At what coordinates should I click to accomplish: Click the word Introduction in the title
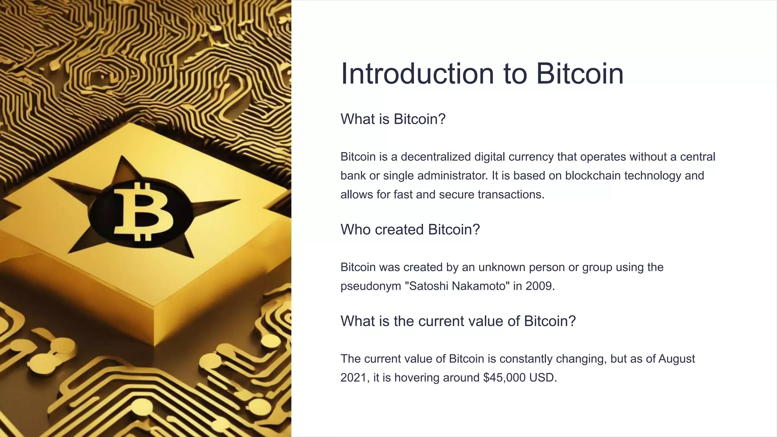click(417, 74)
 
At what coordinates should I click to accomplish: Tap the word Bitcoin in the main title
click(580, 74)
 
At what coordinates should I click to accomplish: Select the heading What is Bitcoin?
click(393, 119)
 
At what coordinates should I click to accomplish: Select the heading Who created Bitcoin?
click(410, 230)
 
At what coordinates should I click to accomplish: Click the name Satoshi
click(427, 286)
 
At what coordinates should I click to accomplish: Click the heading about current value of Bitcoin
click(458, 321)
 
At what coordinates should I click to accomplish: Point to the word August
click(676, 358)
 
